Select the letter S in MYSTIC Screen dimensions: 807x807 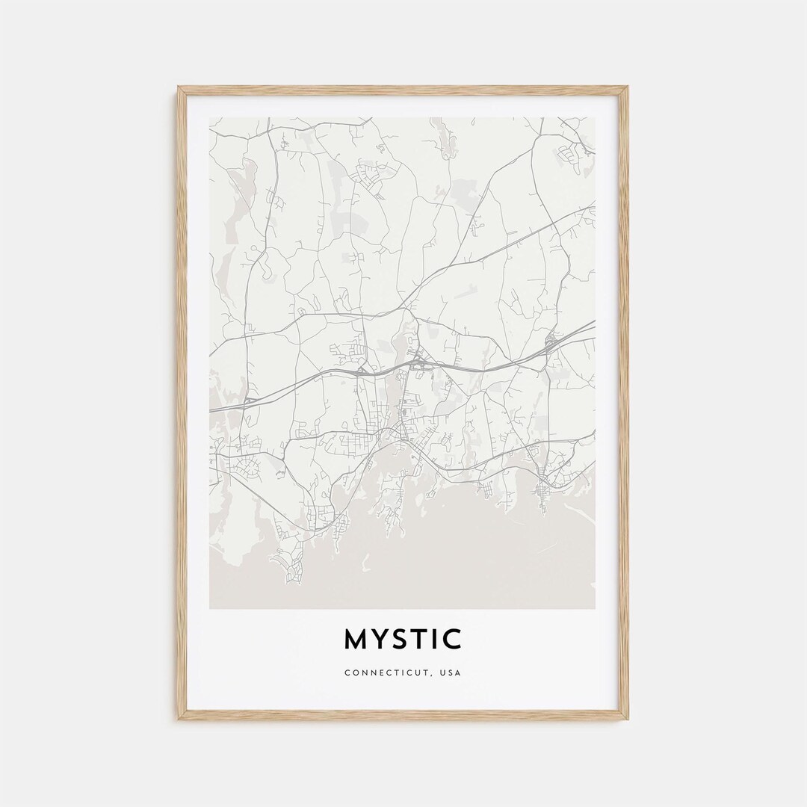[402, 640]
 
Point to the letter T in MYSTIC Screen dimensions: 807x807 [421, 640]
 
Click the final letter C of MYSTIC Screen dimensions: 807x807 [453, 640]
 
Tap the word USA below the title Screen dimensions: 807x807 [451, 672]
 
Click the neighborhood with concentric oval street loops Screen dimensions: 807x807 [248, 471]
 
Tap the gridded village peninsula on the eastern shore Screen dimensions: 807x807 [541, 489]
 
